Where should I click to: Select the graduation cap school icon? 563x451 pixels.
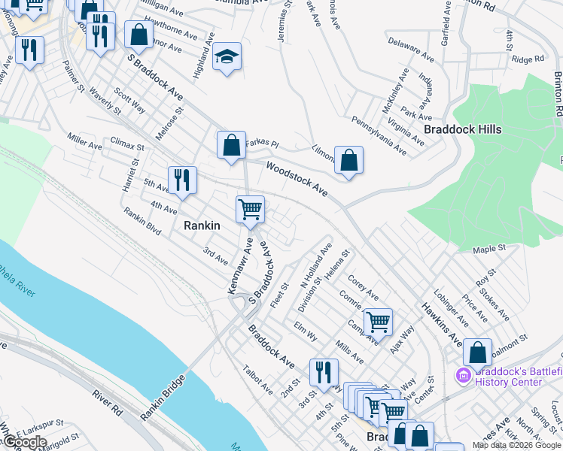[x=225, y=57]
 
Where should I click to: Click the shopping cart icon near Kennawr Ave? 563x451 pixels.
[x=250, y=209]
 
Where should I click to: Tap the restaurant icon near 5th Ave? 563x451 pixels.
[x=182, y=180]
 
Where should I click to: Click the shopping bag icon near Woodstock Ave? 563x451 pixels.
[x=348, y=159]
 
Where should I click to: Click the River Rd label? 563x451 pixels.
[x=108, y=402]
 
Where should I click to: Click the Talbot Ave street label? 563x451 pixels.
[x=257, y=380]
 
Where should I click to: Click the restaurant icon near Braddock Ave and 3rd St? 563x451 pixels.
[x=324, y=371]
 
